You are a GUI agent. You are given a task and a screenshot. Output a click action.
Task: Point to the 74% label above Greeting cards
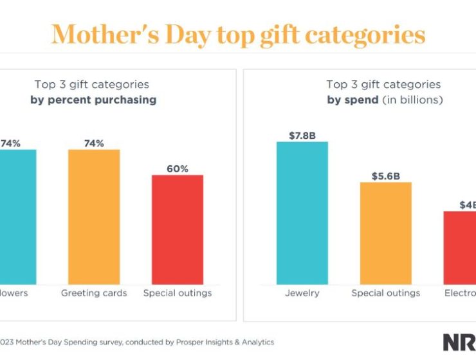(x=94, y=143)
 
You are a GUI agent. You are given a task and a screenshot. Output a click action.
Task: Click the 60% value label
(x=178, y=169)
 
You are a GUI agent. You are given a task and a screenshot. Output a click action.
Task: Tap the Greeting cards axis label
(x=94, y=293)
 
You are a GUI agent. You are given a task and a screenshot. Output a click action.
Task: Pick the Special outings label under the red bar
(x=178, y=293)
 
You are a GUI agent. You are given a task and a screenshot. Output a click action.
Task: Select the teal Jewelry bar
(x=302, y=213)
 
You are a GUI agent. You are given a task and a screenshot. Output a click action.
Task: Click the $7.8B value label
(x=302, y=135)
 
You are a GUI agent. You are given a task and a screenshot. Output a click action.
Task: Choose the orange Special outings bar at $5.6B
(x=386, y=233)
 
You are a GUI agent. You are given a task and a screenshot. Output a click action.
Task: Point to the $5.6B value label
(x=386, y=175)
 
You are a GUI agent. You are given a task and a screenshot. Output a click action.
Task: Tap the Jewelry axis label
(x=302, y=293)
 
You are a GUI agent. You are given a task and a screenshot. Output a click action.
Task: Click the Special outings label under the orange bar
(x=386, y=293)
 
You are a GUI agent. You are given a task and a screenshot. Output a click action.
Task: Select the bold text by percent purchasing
(x=93, y=100)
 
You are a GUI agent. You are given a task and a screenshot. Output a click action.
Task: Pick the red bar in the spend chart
(x=461, y=248)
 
